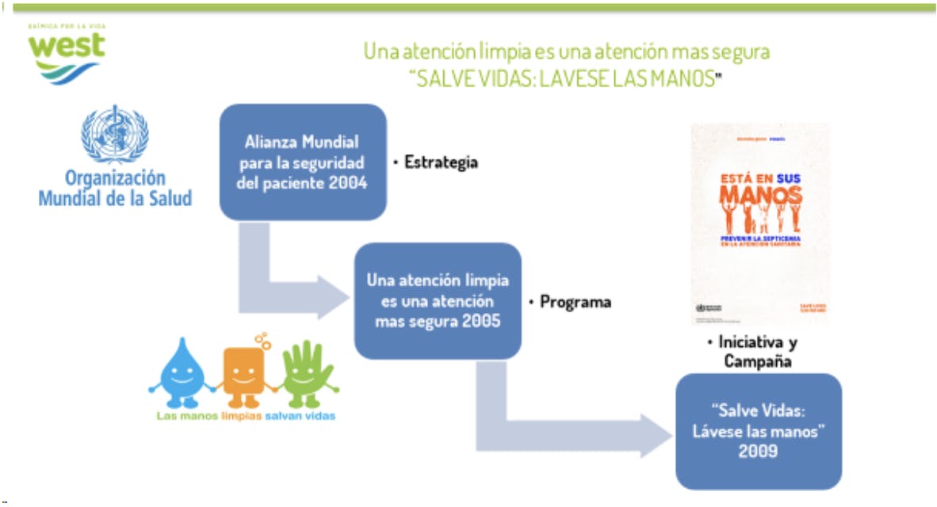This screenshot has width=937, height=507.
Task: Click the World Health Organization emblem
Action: (114, 132)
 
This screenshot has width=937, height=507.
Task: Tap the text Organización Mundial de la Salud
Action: (115, 188)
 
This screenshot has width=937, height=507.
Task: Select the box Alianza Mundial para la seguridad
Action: (303, 162)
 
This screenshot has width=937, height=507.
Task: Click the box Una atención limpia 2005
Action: (438, 301)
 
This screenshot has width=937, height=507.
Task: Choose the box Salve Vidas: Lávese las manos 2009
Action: (758, 431)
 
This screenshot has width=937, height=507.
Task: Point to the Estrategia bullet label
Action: (438, 162)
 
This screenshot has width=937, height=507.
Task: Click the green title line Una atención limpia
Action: (566, 52)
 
